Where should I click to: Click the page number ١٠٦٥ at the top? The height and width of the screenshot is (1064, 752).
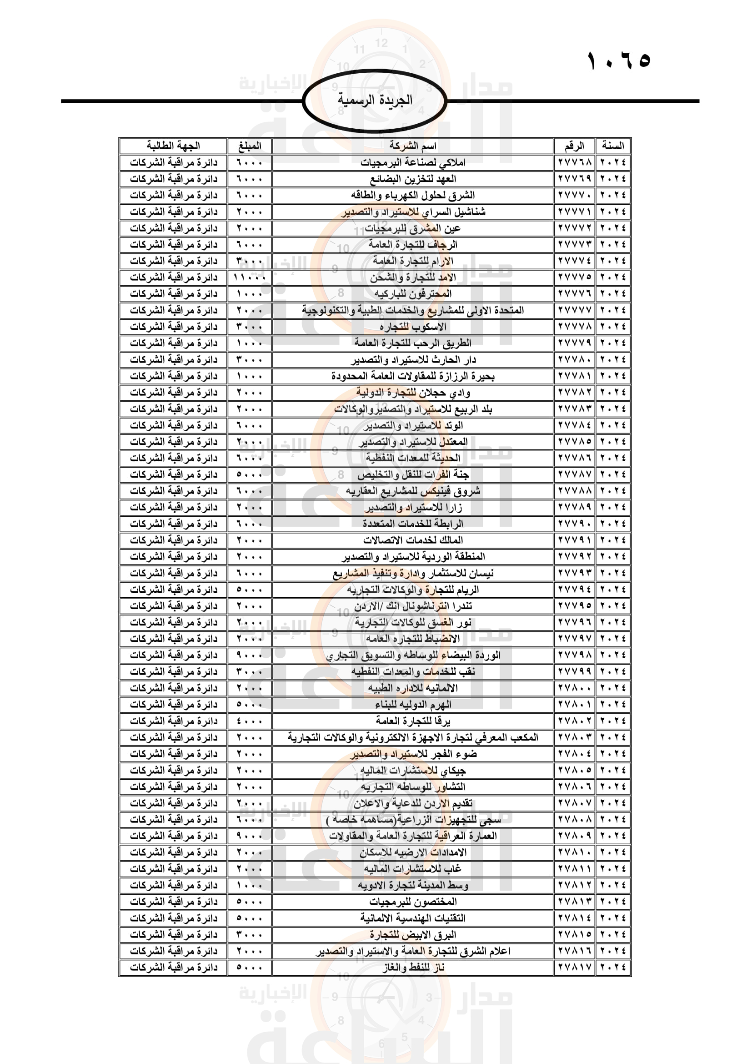click(619, 60)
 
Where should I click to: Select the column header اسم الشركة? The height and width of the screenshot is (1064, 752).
click(412, 146)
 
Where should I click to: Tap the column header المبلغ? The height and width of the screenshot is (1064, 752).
click(250, 146)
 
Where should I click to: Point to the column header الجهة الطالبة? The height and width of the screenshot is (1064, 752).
click(173, 146)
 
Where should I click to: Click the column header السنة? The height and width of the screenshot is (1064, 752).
click(613, 146)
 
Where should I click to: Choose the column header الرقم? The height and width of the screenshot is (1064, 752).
click(574, 146)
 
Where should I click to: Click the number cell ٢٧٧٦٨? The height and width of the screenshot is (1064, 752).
click(575, 163)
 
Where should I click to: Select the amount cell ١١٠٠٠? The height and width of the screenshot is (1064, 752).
click(250, 277)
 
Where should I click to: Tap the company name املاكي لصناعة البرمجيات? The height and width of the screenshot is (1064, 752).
click(412, 163)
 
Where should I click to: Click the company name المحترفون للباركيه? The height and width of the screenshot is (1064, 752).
click(412, 294)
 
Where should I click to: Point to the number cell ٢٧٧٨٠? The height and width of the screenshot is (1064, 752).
click(575, 360)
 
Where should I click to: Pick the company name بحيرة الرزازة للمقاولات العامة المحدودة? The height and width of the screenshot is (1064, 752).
click(412, 376)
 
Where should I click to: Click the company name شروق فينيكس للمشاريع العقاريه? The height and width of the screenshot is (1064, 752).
click(412, 491)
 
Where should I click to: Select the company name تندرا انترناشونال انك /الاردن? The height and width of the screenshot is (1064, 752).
click(412, 605)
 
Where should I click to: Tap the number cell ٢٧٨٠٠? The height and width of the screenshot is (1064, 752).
click(575, 688)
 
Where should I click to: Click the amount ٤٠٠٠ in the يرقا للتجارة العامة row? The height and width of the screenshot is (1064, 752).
click(250, 721)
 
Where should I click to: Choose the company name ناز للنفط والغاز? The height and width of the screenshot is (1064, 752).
click(412, 967)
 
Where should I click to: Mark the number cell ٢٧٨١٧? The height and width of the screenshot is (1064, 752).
click(575, 967)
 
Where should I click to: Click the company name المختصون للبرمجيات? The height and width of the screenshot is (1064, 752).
click(412, 901)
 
